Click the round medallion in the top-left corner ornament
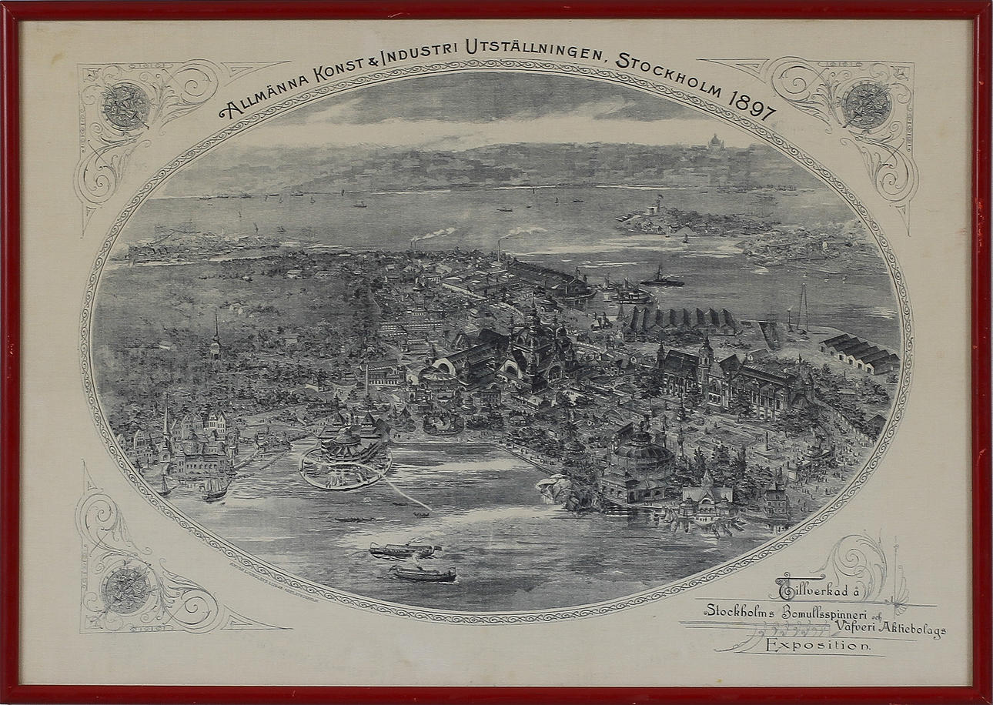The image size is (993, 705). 125,105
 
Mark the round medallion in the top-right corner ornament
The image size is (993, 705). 866,104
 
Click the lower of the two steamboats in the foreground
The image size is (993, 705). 423,574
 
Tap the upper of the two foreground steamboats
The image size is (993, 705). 403,550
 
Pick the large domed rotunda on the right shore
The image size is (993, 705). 640,454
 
